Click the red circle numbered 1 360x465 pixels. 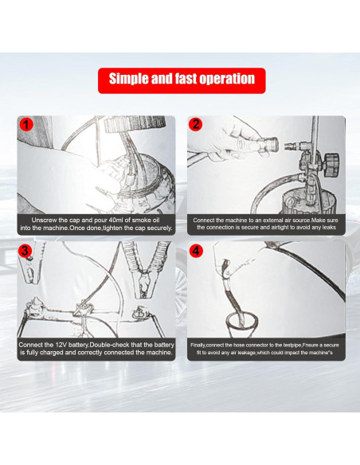pyautogui.click(x=26, y=124)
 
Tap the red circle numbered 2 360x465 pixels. pyautogui.click(x=196, y=124)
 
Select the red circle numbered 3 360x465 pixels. pyautogui.click(x=25, y=251)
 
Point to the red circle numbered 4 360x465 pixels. pyautogui.click(x=196, y=251)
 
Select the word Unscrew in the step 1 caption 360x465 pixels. pyautogui.click(x=44, y=220)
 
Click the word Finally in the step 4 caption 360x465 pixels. pyautogui.click(x=198, y=346)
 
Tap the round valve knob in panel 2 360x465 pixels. pyautogui.click(x=331, y=164)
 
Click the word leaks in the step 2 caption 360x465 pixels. pyautogui.click(x=329, y=227)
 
